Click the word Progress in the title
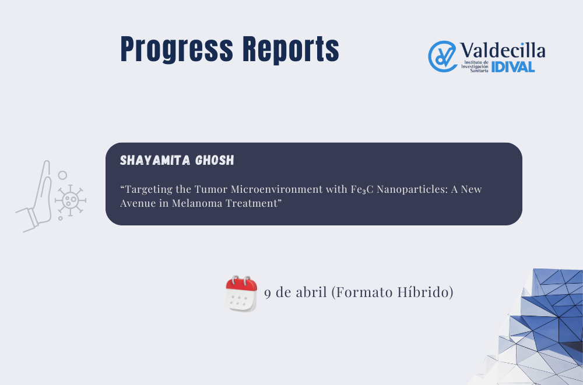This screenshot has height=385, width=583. tap(177, 50)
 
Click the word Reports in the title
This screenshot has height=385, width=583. tap(291, 50)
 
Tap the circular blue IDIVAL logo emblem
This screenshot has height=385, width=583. tap(442, 56)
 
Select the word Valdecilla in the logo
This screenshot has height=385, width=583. tap(503, 50)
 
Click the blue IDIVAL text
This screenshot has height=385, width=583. tap(513, 67)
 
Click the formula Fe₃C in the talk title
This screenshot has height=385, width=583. tap(362, 189)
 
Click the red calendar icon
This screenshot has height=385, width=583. tap(241, 294)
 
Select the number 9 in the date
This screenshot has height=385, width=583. tap(268, 292)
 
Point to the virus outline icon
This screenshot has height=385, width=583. tap(71, 200)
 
